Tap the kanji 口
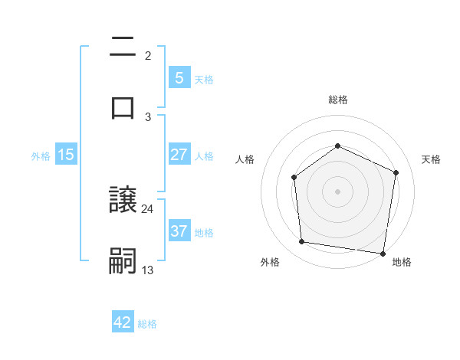[123, 107]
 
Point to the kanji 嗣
[123, 260]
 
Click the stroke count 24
[148, 208]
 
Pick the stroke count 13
[148, 269]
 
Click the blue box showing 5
[179, 78]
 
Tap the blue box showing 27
[179, 155]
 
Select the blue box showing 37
[179, 231]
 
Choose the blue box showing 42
[123, 322]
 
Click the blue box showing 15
[66, 155]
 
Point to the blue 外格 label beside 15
[41, 155]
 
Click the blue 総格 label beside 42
[147, 324]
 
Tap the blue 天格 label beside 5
[204, 79]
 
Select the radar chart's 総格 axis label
[337, 100]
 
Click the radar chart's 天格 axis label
[431, 159]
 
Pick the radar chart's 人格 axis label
[245, 159]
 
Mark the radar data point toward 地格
[383, 253]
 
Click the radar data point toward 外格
[302, 242]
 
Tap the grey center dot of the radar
[337, 191]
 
